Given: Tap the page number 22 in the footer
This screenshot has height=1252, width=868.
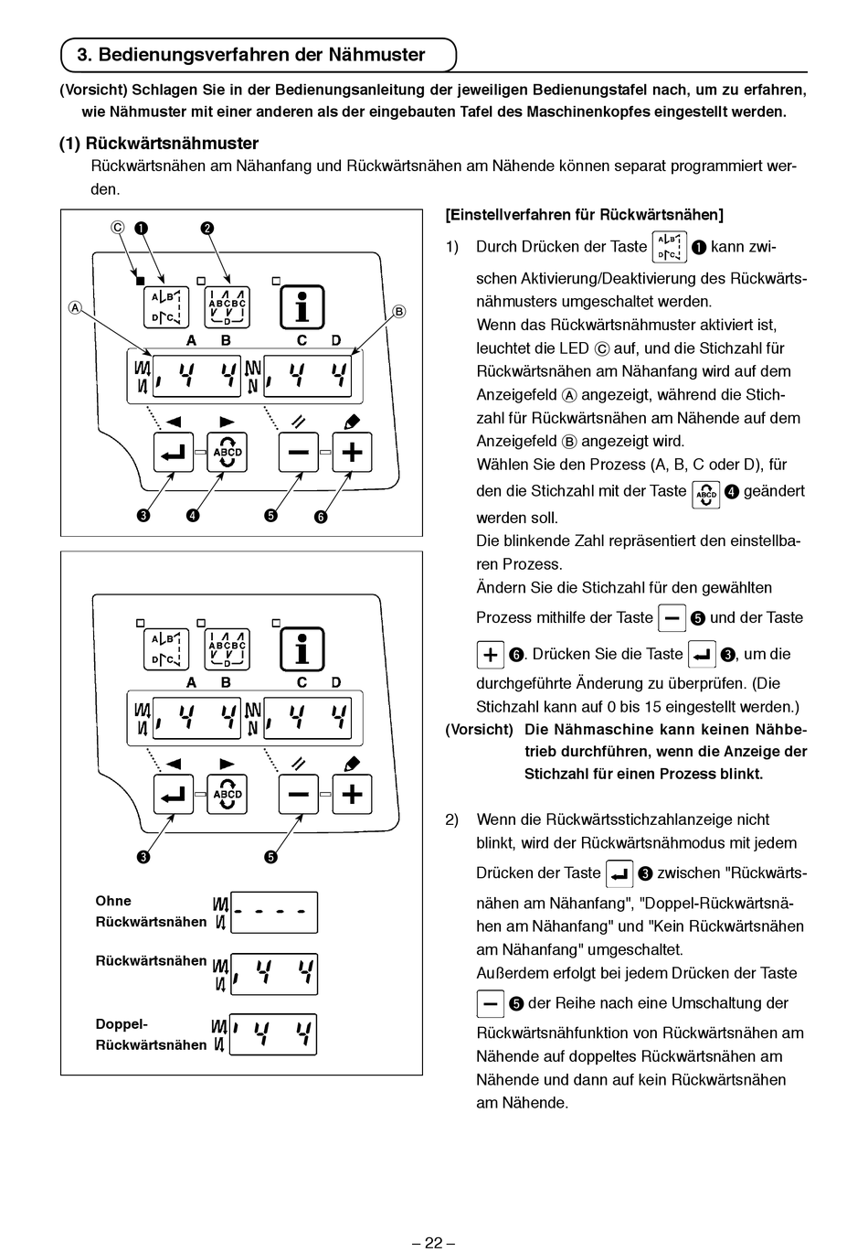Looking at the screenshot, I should [433, 1242].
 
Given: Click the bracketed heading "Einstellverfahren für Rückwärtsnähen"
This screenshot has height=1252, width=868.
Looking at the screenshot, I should [584, 215].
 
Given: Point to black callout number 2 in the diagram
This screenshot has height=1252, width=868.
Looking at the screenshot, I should [207, 228].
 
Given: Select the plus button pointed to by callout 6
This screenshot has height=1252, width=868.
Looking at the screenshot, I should [352, 452].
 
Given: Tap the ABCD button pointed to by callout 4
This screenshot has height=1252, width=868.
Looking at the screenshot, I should [228, 452].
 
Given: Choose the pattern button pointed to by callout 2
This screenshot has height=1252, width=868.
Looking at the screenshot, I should [228, 307].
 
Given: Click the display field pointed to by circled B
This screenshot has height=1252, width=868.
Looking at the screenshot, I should [307, 375].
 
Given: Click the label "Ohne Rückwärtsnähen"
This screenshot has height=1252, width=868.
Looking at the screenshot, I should [151, 912].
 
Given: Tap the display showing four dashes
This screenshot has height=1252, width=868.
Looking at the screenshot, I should [274, 912].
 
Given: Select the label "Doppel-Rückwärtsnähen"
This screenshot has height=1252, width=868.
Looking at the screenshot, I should [151, 1034].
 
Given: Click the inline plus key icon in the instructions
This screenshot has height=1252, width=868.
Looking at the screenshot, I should [490, 655].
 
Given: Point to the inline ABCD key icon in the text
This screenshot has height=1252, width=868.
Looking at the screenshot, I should [705, 493].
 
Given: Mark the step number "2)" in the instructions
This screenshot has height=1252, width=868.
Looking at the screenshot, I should [452, 819].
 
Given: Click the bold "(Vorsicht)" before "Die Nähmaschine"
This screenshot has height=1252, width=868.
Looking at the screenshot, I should [479, 730].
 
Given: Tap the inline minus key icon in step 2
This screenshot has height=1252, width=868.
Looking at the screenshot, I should [490, 1004].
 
